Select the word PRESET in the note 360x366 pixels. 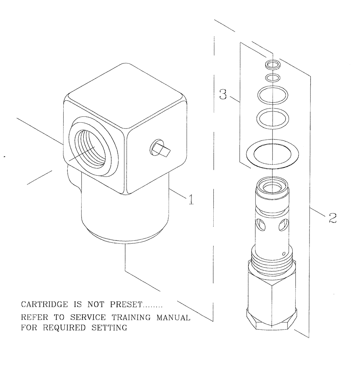coord(122,305)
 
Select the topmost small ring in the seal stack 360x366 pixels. coord(273,65)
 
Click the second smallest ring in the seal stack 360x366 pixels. coord(273,77)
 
